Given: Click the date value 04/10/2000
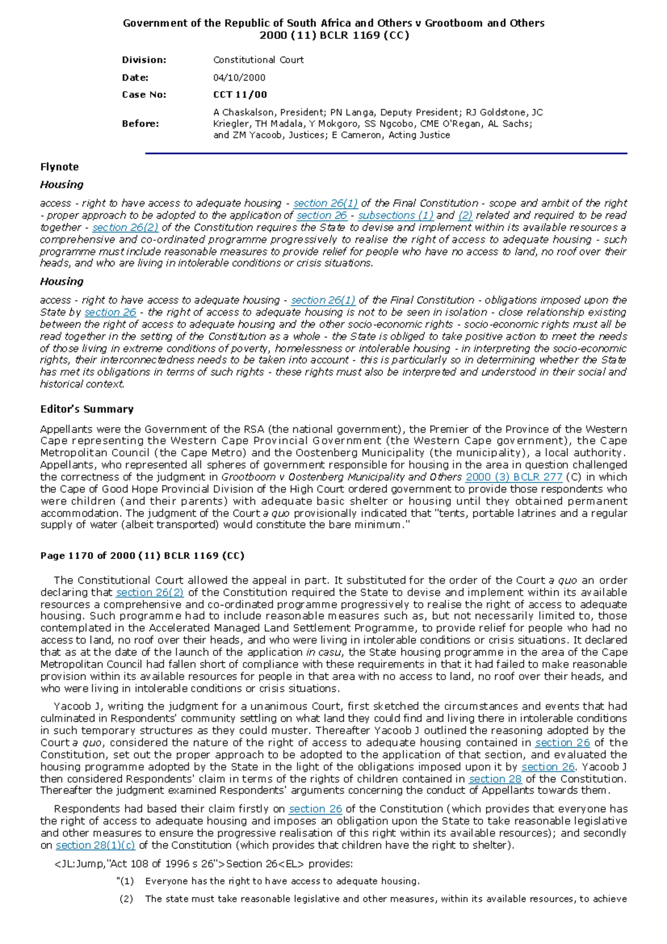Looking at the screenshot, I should point(239,78).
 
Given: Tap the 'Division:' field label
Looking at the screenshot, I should point(144,60).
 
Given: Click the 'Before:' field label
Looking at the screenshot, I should point(140,123).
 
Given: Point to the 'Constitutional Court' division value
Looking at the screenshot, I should point(258,60).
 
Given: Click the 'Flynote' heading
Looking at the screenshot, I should point(59,167).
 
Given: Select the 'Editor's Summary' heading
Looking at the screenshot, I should point(87,409).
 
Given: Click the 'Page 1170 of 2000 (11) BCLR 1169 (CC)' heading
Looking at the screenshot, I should point(142,555).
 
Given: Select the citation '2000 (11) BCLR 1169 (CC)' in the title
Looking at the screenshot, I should point(334,36).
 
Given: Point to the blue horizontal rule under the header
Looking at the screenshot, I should point(386,153).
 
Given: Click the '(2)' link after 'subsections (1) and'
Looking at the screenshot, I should point(465,215).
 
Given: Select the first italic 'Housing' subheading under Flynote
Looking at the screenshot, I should point(62,185).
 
